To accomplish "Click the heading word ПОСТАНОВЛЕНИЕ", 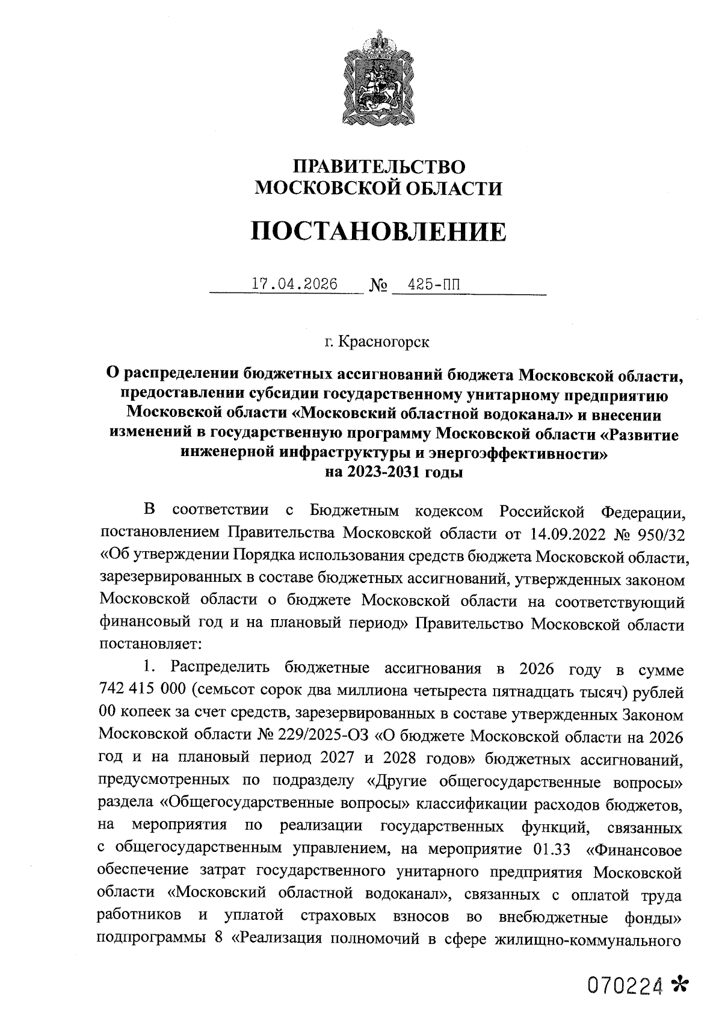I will [378, 232].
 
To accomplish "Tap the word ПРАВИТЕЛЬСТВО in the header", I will [378, 167].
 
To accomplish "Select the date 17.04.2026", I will [295, 283].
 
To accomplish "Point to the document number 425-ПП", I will [433, 283].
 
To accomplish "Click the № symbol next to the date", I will [377, 285].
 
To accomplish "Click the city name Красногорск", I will [384, 342].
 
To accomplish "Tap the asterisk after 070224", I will [679, 984].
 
